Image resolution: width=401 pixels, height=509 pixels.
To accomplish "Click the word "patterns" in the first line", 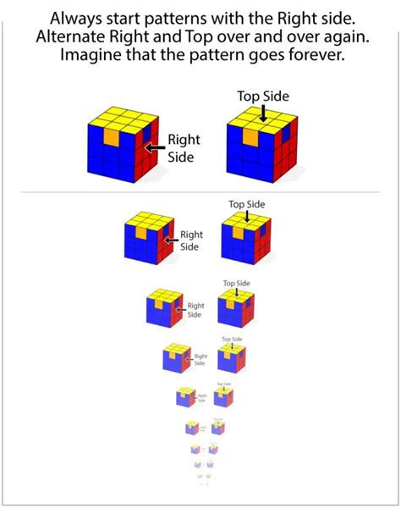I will click(x=195, y=18).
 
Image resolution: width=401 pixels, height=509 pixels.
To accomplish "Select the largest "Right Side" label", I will click(x=184, y=149).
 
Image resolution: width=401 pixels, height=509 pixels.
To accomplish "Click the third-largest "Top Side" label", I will click(x=237, y=284).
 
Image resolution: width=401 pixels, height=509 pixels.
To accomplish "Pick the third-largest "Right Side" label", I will click(x=195, y=309).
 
